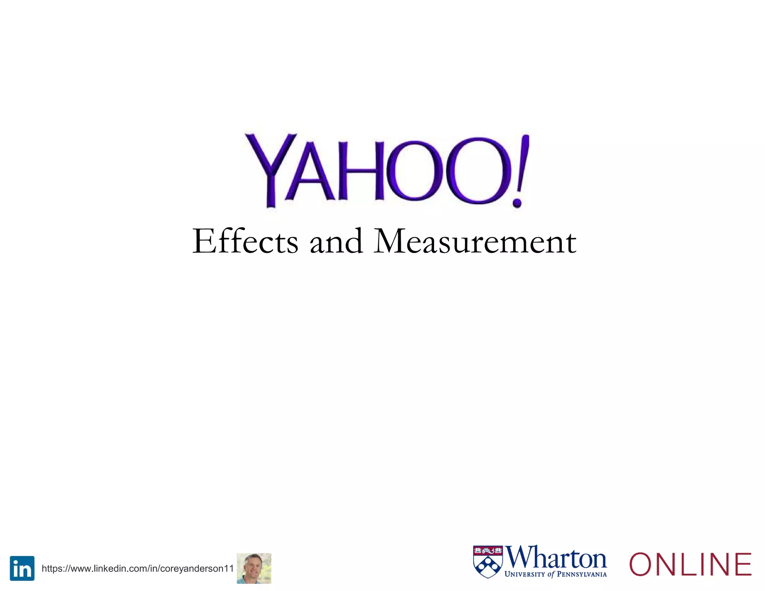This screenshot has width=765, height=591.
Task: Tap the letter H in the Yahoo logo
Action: tap(361, 171)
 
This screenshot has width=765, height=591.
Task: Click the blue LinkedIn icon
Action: tap(22, 568)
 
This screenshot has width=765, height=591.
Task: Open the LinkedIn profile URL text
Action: tap(137, 569)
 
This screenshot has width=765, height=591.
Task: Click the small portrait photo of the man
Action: tap(254, 568)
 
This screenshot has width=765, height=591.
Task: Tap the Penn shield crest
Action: tap(488, 562)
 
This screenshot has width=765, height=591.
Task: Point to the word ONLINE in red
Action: tap(690, 564)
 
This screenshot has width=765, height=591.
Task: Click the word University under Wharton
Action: tap(524, 574)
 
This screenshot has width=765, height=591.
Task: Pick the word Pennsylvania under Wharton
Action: tap(582, 574)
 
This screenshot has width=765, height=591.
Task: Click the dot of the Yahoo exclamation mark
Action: tap(517, 202)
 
